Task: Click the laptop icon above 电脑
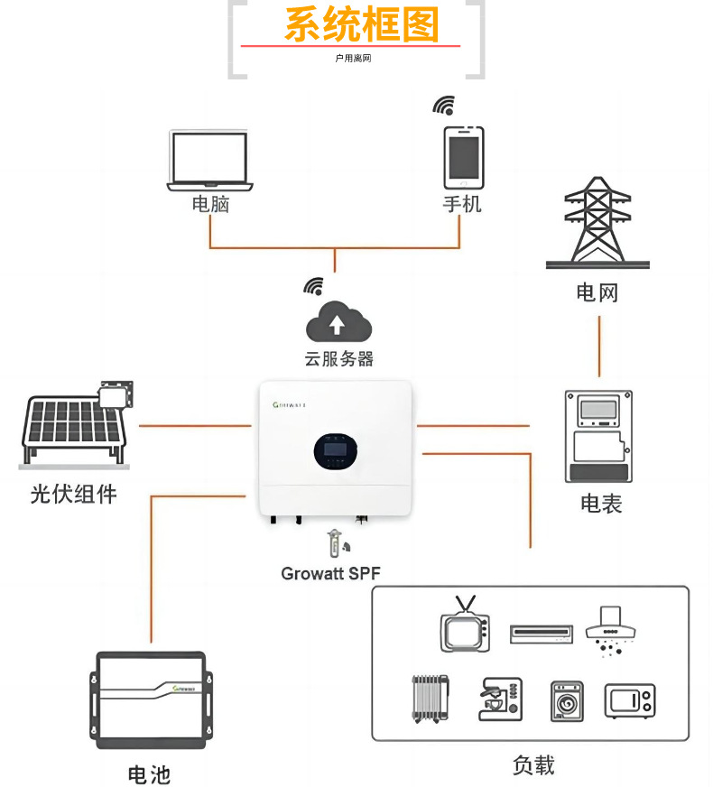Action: click(209, 160)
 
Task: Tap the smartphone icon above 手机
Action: click(463, 156)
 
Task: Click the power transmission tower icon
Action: click(597, 223)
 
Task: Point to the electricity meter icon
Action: click(597, 436)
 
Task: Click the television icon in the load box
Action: click(465, 625)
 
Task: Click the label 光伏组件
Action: click(73, 494)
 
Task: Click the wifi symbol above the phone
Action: click(444, 106)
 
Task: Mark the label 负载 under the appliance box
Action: click(532, 764)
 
